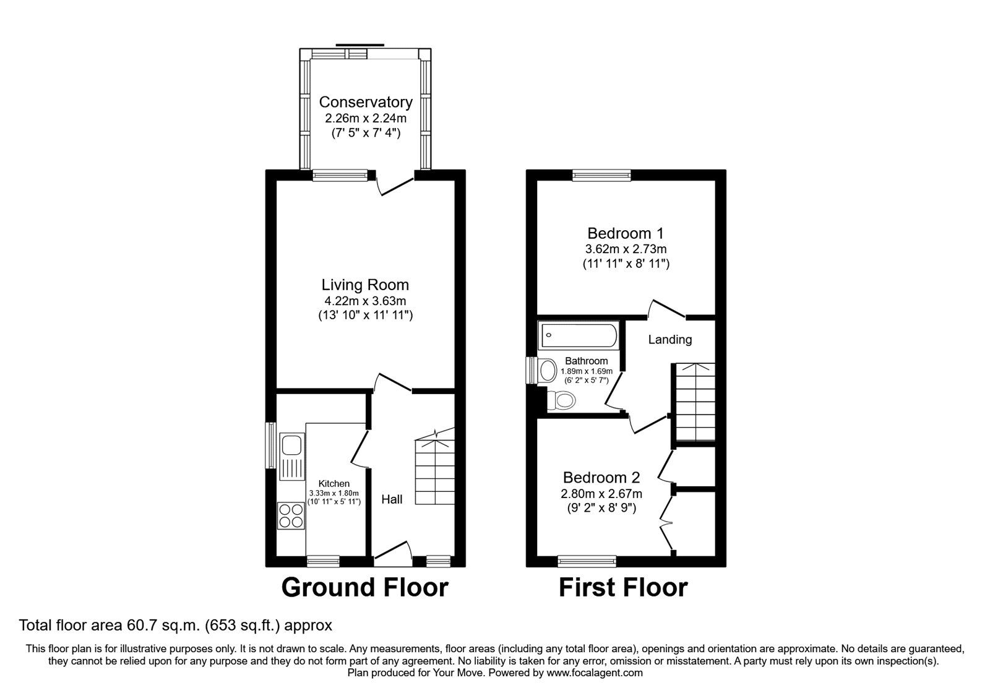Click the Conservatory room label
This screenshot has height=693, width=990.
[x=365, y=102]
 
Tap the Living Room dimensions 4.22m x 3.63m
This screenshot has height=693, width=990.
[x=365, y=301]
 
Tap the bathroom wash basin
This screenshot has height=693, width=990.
[x=548, y=371]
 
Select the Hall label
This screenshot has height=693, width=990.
[x=392, y=499]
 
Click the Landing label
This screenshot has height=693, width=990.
[x=670, y=340]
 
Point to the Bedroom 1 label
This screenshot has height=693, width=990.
[x=625, y=233]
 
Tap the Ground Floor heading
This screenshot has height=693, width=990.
[x=364, y=587]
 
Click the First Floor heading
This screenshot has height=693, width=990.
[x=623, y=587]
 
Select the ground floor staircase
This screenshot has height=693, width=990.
[x=436, y=470]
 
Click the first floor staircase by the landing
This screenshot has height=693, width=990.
[x=694, y=402]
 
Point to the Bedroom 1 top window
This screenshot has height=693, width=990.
[x=601, y=176]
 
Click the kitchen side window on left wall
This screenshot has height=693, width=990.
[x=270, y=445]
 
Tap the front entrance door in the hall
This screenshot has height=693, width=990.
[x=392, y=553]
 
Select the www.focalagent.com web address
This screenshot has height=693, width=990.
[x=595, y=673]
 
